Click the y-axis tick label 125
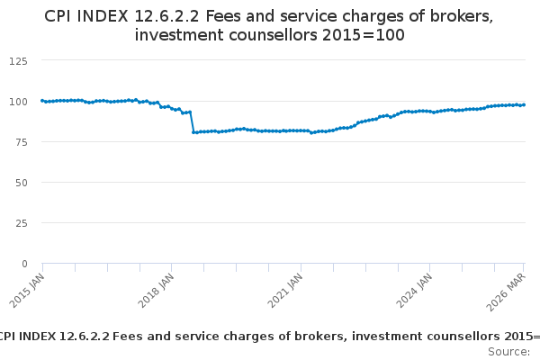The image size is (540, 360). click(18, 61)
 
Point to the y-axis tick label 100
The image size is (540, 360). click(18, 102)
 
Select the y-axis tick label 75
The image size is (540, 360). click(21, 142)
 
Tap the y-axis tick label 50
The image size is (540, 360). click(21, 183)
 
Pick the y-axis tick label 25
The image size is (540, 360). click(21, 223)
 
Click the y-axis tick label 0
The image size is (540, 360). click(24, 264)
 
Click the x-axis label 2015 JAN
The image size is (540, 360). click(27, 291)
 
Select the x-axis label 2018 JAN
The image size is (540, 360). click(156, 291)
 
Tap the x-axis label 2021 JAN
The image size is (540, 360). click(285, 291)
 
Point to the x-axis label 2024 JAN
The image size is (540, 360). click(414, 291)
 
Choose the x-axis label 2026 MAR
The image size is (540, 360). click(506, 292)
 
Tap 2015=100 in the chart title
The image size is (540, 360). click(364, 35)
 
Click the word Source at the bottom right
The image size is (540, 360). click(508, 352)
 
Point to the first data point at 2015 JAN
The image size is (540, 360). click(42, 101)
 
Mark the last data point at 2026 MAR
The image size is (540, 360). click(524, 104)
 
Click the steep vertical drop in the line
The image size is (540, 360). click(192, 122)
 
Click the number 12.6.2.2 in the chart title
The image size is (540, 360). click(166, 16)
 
